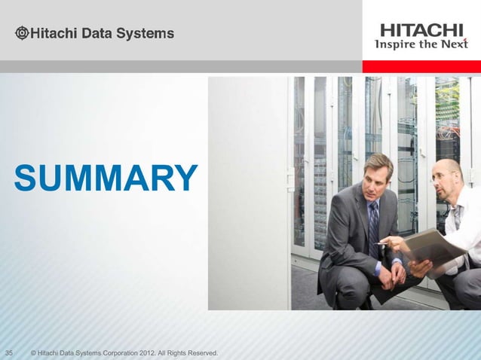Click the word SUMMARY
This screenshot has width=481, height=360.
(x=106, y=178)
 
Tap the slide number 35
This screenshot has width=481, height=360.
(x=11, y=352)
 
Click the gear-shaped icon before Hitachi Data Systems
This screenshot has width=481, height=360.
(x=23, y=33)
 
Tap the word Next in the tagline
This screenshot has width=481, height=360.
(x=455, y=44)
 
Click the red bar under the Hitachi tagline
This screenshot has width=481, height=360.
(x=421, y=66)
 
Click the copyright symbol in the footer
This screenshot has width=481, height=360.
(x=32, y=352)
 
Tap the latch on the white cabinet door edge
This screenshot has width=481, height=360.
(x=290, y=178)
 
